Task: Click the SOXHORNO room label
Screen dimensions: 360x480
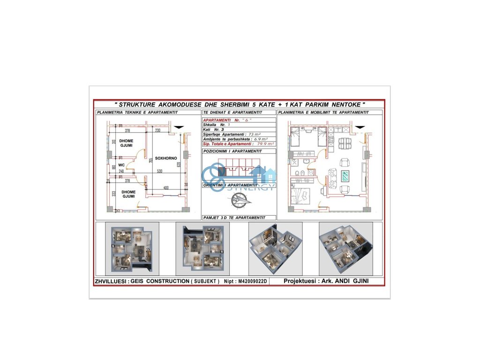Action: point(166,158)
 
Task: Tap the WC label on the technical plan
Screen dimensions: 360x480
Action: point(121,165)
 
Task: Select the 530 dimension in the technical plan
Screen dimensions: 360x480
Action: point(160,172)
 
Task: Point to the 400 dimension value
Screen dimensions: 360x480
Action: point(166,188)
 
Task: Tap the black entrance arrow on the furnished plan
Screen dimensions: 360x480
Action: point(360,127)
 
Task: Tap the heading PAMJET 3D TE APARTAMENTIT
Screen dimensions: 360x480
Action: point(234,217)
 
